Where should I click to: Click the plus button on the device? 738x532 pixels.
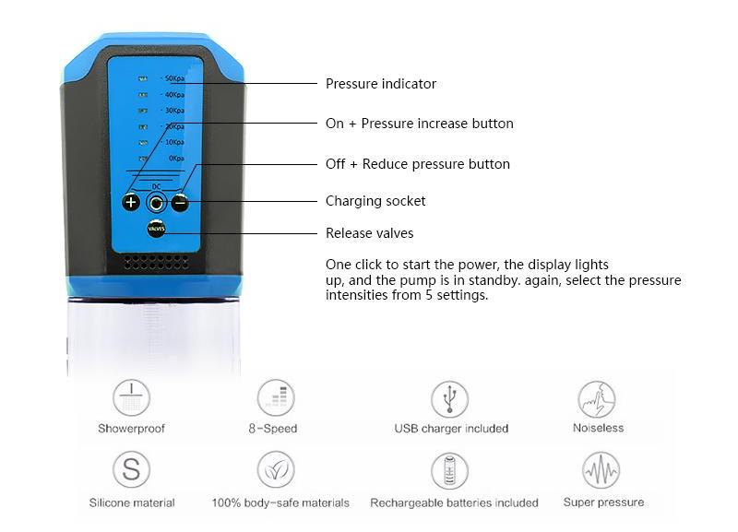(131, 203)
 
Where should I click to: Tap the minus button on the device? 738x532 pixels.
(180, 203)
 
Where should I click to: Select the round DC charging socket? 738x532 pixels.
(156, 203)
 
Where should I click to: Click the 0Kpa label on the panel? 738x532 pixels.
(174, 159)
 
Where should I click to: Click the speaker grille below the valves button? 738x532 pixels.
(156, 262)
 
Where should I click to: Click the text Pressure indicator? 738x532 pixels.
(380, 84)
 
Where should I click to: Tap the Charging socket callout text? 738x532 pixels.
(375, 201)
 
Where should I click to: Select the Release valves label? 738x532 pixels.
(369, 233)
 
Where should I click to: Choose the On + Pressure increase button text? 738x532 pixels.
(419, 124)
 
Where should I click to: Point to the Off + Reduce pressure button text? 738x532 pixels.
(417, 164)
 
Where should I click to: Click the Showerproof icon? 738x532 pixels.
(131, 398)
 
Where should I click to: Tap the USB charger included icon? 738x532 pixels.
(450, 398)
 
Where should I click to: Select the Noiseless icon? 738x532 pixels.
(597, 398)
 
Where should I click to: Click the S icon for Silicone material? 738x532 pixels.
(131, 470)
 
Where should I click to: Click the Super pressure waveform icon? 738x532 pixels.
(601, 470)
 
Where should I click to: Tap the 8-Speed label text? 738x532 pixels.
(272, 429)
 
